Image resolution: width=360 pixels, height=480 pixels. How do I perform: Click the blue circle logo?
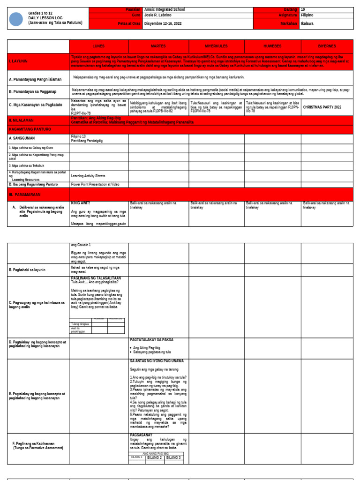click(16, 19)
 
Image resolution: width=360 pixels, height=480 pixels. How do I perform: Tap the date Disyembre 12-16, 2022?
click(163, 23)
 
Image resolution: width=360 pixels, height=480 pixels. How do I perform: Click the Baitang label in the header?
click(290, 9)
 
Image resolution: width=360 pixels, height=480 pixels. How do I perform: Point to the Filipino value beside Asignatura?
click(307, 15)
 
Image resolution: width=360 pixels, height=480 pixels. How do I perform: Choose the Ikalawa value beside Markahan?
click(307, 23)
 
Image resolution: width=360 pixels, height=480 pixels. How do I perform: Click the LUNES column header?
click(98, 46)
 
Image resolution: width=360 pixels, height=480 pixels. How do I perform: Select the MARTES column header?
click(158, 46)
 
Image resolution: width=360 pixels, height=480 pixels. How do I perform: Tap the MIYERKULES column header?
click(216, 46)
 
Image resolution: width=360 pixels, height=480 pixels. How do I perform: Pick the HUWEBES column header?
click(272, 46)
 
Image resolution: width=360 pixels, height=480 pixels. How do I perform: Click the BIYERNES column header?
click(327, 46)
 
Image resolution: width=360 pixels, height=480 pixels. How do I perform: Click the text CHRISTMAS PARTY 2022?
click(322, 107)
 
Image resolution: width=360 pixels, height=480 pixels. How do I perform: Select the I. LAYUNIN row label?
click(18, 61)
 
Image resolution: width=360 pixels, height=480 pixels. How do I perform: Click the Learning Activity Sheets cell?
click(88, 176)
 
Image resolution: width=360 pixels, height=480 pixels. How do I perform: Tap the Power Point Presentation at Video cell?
click(95, 185)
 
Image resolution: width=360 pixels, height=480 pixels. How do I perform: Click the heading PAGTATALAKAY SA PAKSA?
click(151, 340)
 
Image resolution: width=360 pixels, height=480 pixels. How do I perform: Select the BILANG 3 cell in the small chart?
click(173, 457)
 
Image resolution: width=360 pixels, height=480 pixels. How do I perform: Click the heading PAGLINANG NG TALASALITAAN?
click(96, 278)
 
